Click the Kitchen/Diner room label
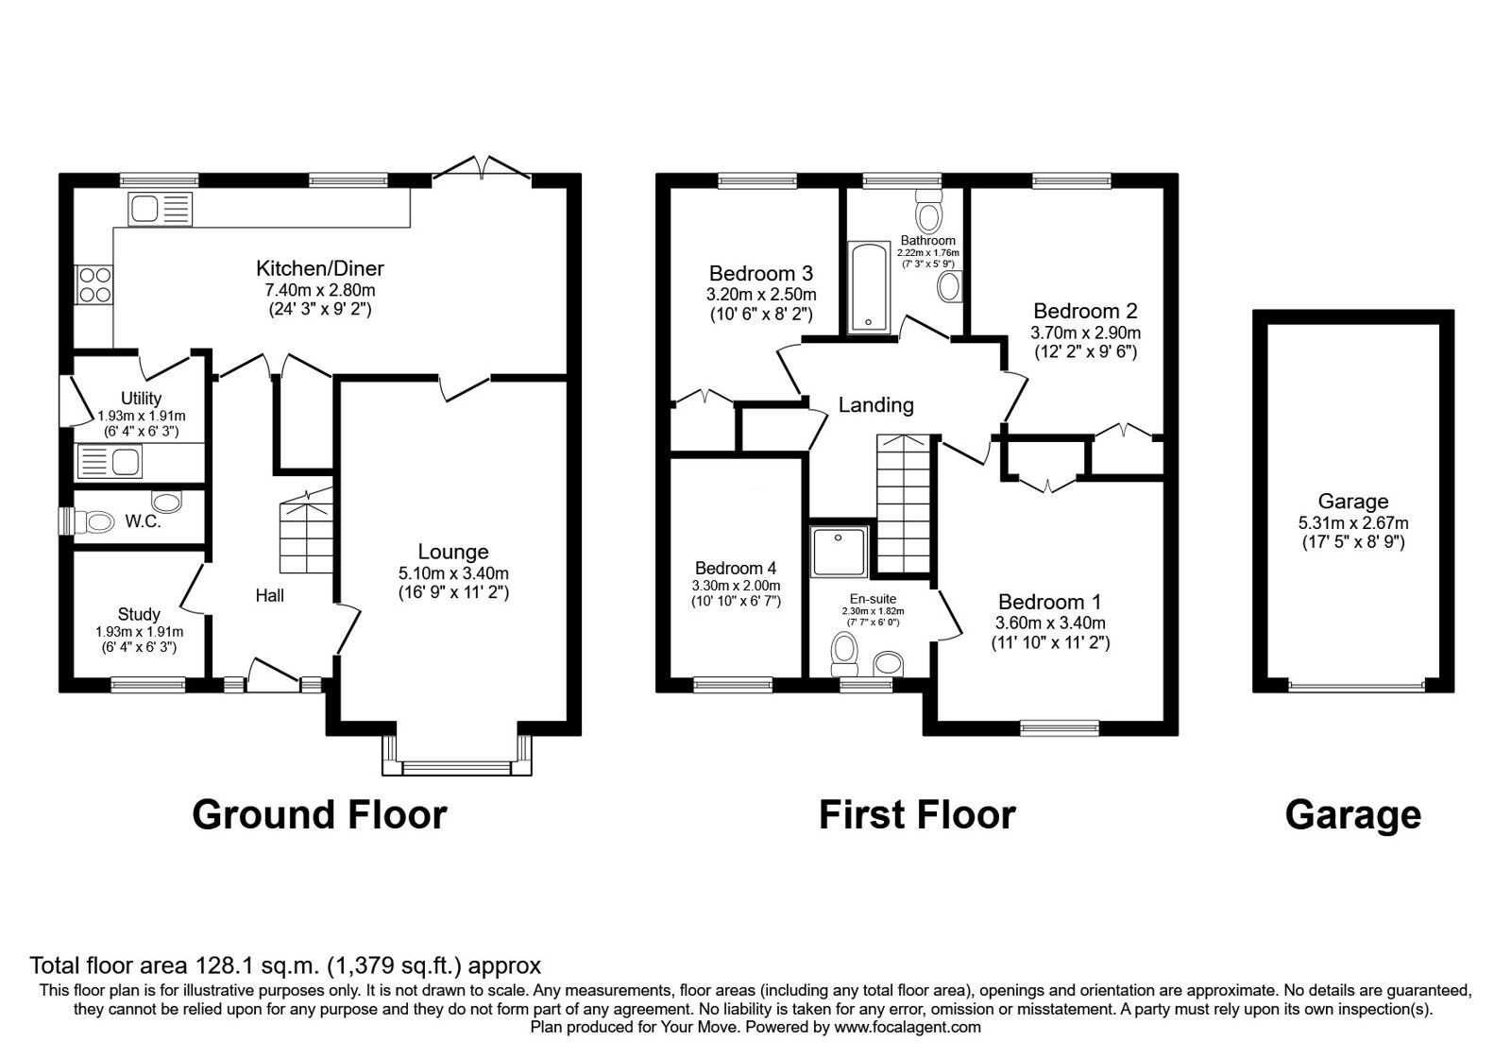pyautogui.click(x=320, y=269)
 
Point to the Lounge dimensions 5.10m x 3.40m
pyautogui.click(x=453, y=573)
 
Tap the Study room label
pyautogui.click(x=139, y=614)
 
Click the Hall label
pyautogui.click(x=270, y=595)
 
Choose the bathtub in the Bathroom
pyautogui.click(x=869, y=287)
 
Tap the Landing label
pyautogui.click(x=875, y=405)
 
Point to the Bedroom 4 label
pyautogui.click(x=736, y=569)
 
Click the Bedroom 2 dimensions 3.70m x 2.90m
pyautogui.click(x=1085, y=333)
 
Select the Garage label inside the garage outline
pyautogui.click(x=1352, y=502)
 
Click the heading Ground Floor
pyautogui.click(x=319, y=814)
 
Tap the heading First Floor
pyautogui.click(x=916, y=814)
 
